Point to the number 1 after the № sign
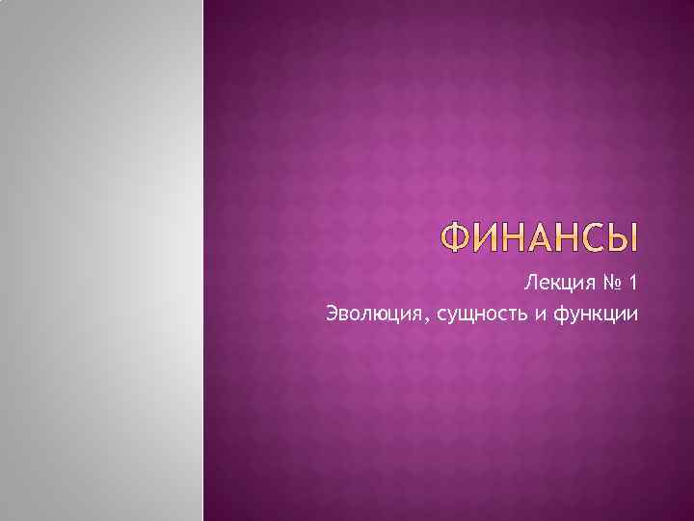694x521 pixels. [631, 284]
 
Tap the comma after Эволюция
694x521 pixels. [411, 319]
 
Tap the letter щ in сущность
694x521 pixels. [449, 315]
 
